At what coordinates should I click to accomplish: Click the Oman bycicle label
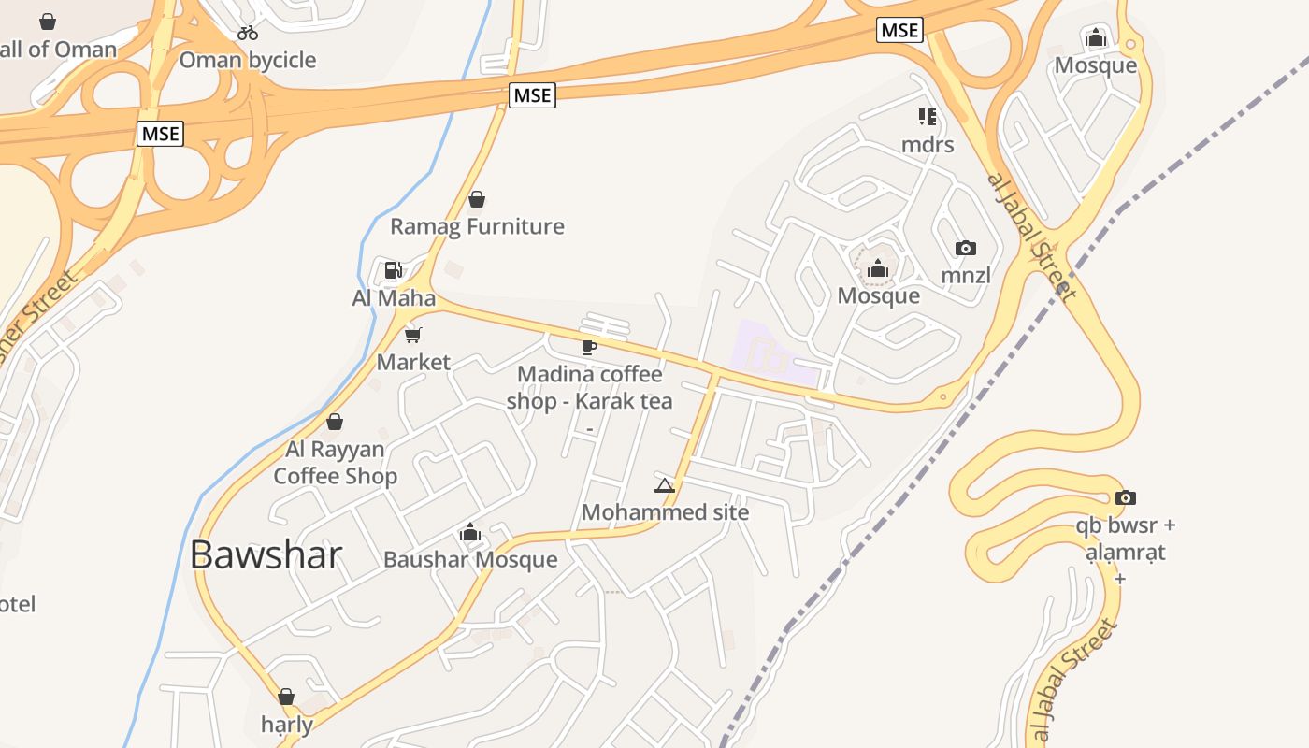(248, 61)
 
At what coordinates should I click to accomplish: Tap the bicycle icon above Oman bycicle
(248, 33)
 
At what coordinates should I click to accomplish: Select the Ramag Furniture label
(477, 226)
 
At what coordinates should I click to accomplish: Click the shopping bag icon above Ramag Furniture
(477, 199)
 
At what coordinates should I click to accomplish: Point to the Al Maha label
(394, 298)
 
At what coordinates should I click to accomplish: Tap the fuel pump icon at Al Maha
(394, 271)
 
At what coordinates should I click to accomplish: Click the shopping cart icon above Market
(413, 335)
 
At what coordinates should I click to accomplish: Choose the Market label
(413, 362)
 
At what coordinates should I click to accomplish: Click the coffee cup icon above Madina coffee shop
(589, 347)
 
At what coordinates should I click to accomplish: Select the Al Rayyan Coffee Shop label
(335, 463)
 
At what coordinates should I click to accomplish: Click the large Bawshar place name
(266, 555)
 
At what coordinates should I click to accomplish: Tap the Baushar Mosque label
(470, 560)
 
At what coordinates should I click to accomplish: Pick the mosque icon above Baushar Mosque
(470, 533)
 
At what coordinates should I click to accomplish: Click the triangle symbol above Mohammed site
(665, 485)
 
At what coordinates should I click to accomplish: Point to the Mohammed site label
(665, 512)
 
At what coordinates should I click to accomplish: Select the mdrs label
(928, 145)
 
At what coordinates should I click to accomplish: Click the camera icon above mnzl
(966, 249)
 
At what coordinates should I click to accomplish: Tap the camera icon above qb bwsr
(1126, 497)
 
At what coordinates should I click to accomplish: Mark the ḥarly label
(287, 724)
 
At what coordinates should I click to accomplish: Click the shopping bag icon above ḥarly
(286, 697)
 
